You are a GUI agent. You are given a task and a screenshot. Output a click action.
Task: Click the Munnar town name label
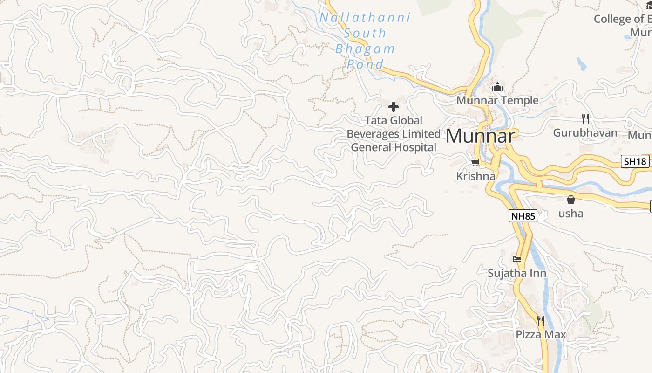click(480, 136)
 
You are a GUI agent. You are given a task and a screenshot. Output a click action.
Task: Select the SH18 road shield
click(635, 162)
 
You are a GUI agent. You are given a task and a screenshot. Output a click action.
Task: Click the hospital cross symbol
click(394, 107)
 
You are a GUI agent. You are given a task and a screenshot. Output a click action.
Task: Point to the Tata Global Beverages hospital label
click(394, 134)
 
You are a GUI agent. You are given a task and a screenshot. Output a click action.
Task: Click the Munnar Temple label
click(497, 100)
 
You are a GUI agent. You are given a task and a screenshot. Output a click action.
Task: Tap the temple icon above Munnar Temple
click(497, 87)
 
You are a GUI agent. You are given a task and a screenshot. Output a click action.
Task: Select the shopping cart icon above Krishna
click(475, 162)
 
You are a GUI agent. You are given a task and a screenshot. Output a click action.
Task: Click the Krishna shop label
click(475, 176)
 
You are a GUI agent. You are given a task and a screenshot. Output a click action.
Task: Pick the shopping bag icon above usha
click(571, 200)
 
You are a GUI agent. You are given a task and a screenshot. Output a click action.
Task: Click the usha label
click(571, 214)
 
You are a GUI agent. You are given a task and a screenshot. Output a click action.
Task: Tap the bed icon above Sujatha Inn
click(517, 259)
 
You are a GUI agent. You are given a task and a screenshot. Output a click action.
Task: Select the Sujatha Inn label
click(517, 273)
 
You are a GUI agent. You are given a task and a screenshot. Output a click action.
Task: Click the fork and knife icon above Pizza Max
click(541, 321)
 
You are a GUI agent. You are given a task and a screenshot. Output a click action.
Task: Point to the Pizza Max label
click(541, 335)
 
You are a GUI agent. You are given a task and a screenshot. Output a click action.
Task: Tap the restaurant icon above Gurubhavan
click(585, 119)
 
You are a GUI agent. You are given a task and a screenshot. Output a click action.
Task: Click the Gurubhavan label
click(585, 133)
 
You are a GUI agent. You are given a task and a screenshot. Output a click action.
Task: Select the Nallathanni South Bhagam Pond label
click(365, 41)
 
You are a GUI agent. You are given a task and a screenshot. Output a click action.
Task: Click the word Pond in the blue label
click(365, 64)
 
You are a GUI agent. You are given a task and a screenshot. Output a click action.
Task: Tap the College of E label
click(622, 19)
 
